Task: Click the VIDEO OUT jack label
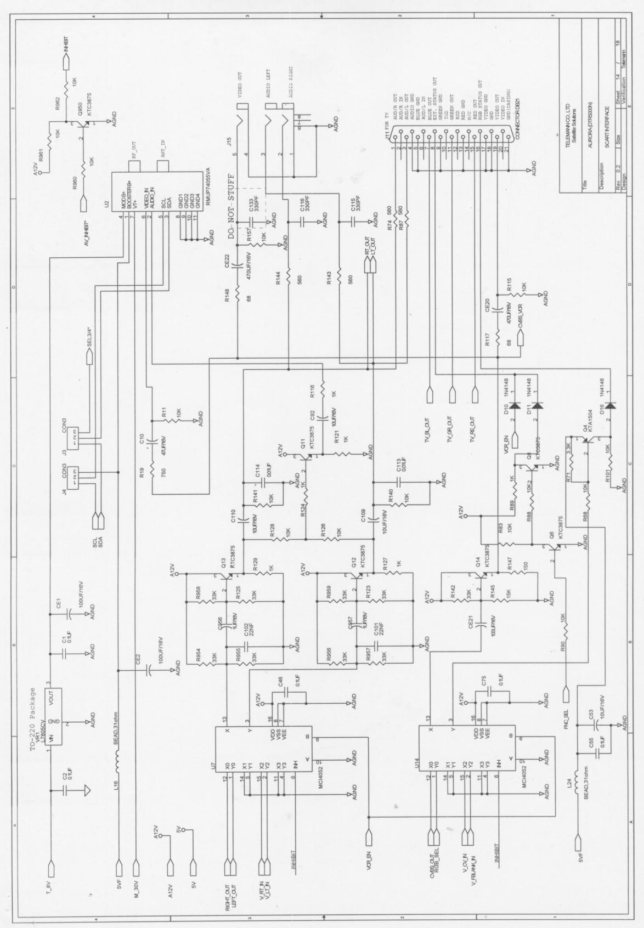240,86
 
